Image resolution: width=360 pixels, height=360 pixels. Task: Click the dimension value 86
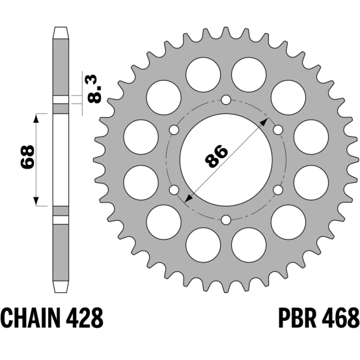click(216, 156)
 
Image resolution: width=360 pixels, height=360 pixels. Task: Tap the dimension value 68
click(27, 157)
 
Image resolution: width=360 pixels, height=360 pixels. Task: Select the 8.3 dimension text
click(94, 89)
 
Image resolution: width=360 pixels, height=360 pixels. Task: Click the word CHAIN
click(32, 318)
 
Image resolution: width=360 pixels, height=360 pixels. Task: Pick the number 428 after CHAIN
click(84, 318)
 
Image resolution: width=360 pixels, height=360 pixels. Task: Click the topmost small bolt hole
click(226, 100)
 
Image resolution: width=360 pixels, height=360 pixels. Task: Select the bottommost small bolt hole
click(226, 220)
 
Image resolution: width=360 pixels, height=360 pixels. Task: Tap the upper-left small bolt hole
click(174, 130)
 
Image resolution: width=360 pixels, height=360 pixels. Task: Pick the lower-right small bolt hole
click(278, 190)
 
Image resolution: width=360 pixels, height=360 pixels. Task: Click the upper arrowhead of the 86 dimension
click(265, 122)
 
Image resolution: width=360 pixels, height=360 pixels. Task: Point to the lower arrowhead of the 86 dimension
click(187, 199)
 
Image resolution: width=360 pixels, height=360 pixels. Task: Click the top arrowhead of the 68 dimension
click(36, 118)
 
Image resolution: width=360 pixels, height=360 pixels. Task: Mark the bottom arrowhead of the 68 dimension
click(36, 201)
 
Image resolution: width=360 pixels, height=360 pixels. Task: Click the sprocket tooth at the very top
click(226, 32)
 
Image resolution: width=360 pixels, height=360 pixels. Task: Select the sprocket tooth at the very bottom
click(226, 288)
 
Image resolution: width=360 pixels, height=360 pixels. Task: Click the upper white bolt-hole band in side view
click(61, 100)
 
